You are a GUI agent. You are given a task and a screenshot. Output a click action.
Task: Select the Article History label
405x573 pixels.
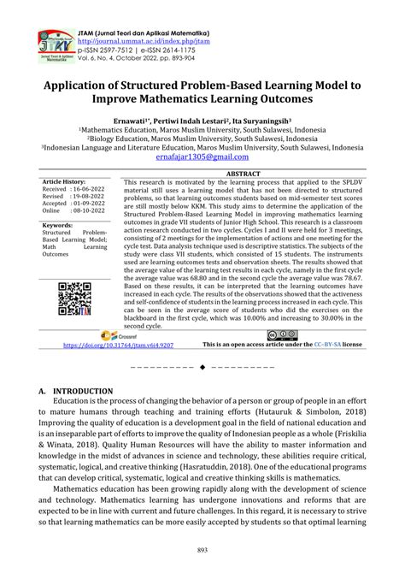click(64, 182)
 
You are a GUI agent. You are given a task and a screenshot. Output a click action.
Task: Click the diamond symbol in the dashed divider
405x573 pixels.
click(202, 367)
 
